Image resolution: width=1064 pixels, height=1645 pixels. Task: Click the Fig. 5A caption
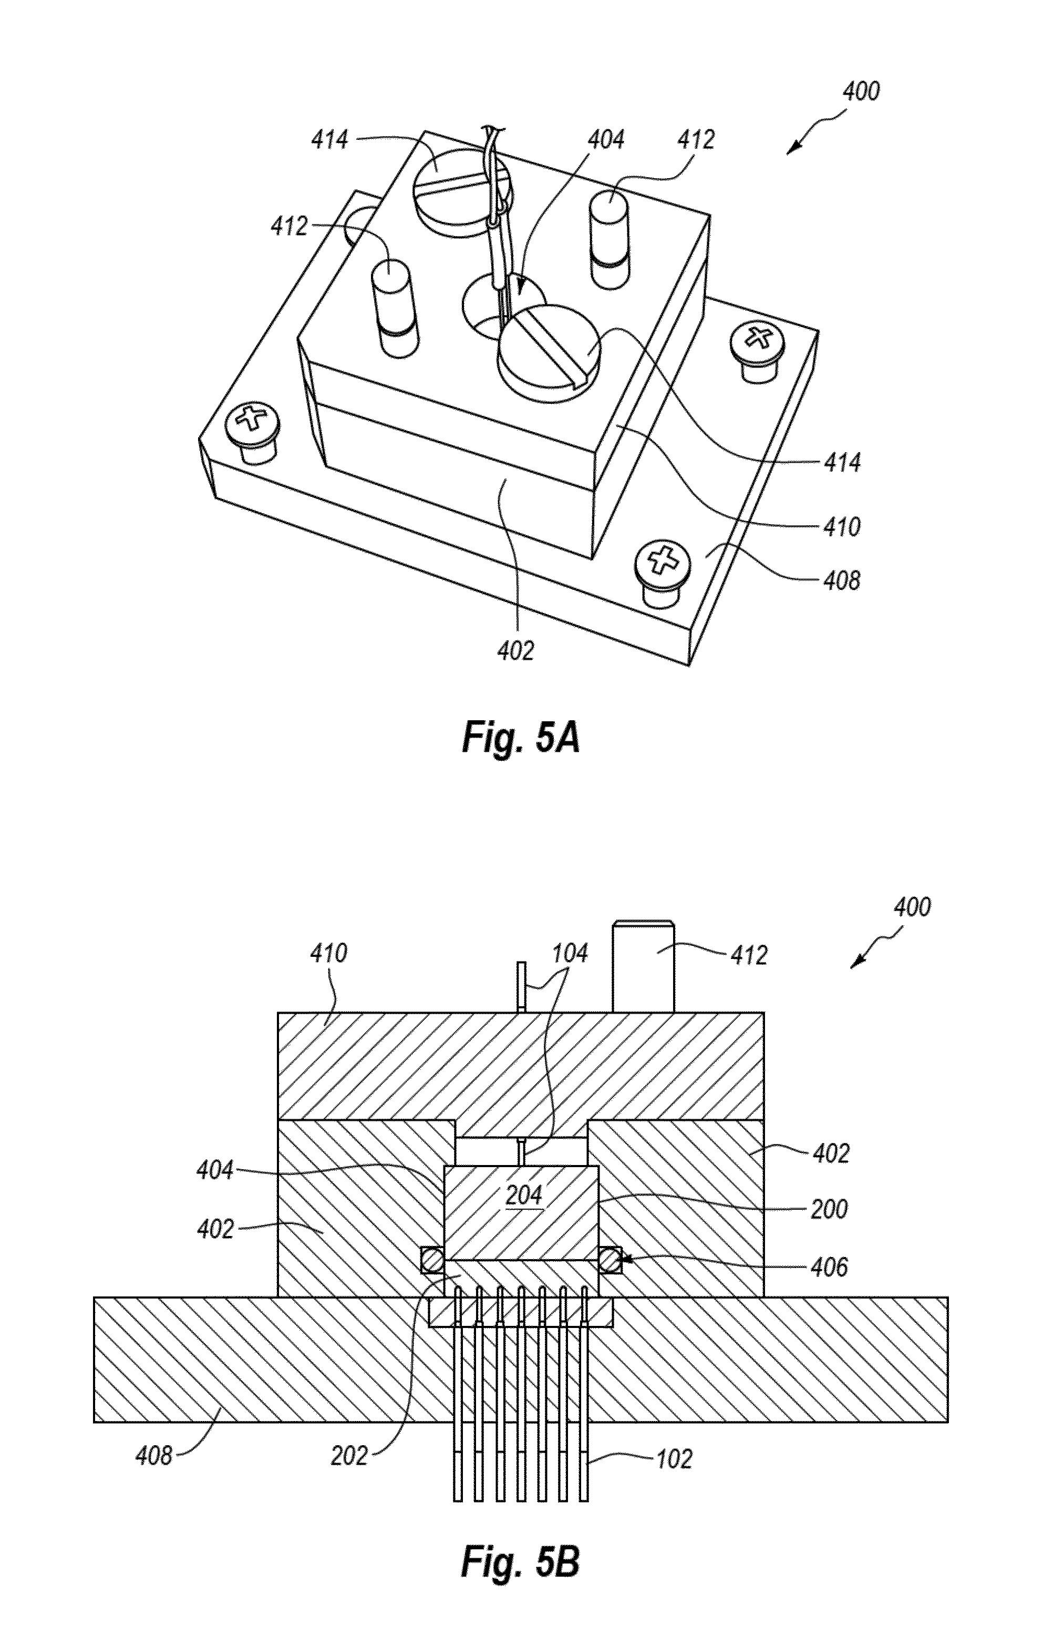[520, 738]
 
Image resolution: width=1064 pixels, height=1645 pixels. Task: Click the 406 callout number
[829, 1267]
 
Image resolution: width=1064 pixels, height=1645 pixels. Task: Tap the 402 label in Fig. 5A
[515, 650]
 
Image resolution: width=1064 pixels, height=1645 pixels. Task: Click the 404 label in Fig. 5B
[215, 1171]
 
